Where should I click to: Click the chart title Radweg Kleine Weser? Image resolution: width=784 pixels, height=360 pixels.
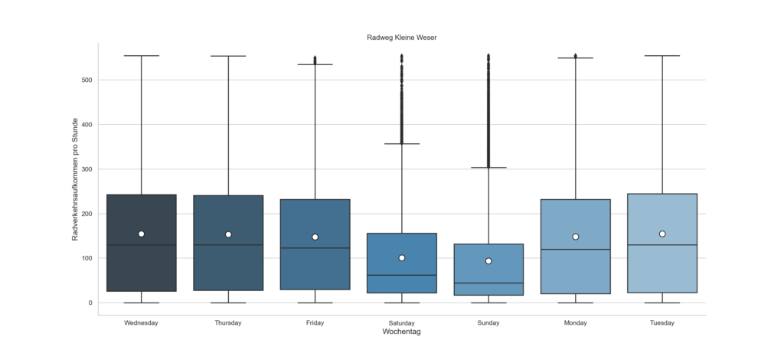[x=400, y=37]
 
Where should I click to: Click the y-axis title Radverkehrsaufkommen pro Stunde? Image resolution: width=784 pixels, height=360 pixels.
[x=75, y=180]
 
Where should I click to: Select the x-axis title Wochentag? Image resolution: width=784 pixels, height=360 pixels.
[x=401, y=332]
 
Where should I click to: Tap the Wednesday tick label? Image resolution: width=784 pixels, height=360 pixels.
[x=141, y=322]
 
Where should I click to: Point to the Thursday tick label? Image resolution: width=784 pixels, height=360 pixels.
[x=228, y=322]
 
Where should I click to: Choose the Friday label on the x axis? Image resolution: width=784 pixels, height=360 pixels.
[x=315, y=322]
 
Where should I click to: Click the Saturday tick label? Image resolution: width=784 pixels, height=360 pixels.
[x=401, y=322]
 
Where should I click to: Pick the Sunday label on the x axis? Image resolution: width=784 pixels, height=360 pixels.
[x=488, y=322]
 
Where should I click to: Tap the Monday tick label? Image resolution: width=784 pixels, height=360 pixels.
[x=575, y=322]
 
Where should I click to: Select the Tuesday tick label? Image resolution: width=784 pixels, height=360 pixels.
[x=662, y=322]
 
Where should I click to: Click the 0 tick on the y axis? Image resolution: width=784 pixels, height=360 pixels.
[x=90, y=303]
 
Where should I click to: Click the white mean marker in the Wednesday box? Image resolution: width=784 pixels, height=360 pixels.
[x=142, y=234]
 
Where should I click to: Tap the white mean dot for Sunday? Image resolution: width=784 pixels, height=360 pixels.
[x=488, y=261]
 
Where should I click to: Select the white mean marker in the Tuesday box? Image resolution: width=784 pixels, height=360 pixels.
[x=662, y=234]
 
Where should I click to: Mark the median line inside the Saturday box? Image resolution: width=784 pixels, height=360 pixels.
[x=401, y=275]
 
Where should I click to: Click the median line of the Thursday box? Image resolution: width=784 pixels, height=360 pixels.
[x=228, y=245]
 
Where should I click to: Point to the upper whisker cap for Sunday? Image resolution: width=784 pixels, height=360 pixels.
[x=488, y=167]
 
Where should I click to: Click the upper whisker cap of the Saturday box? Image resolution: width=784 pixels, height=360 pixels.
[x=401, y=143]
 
